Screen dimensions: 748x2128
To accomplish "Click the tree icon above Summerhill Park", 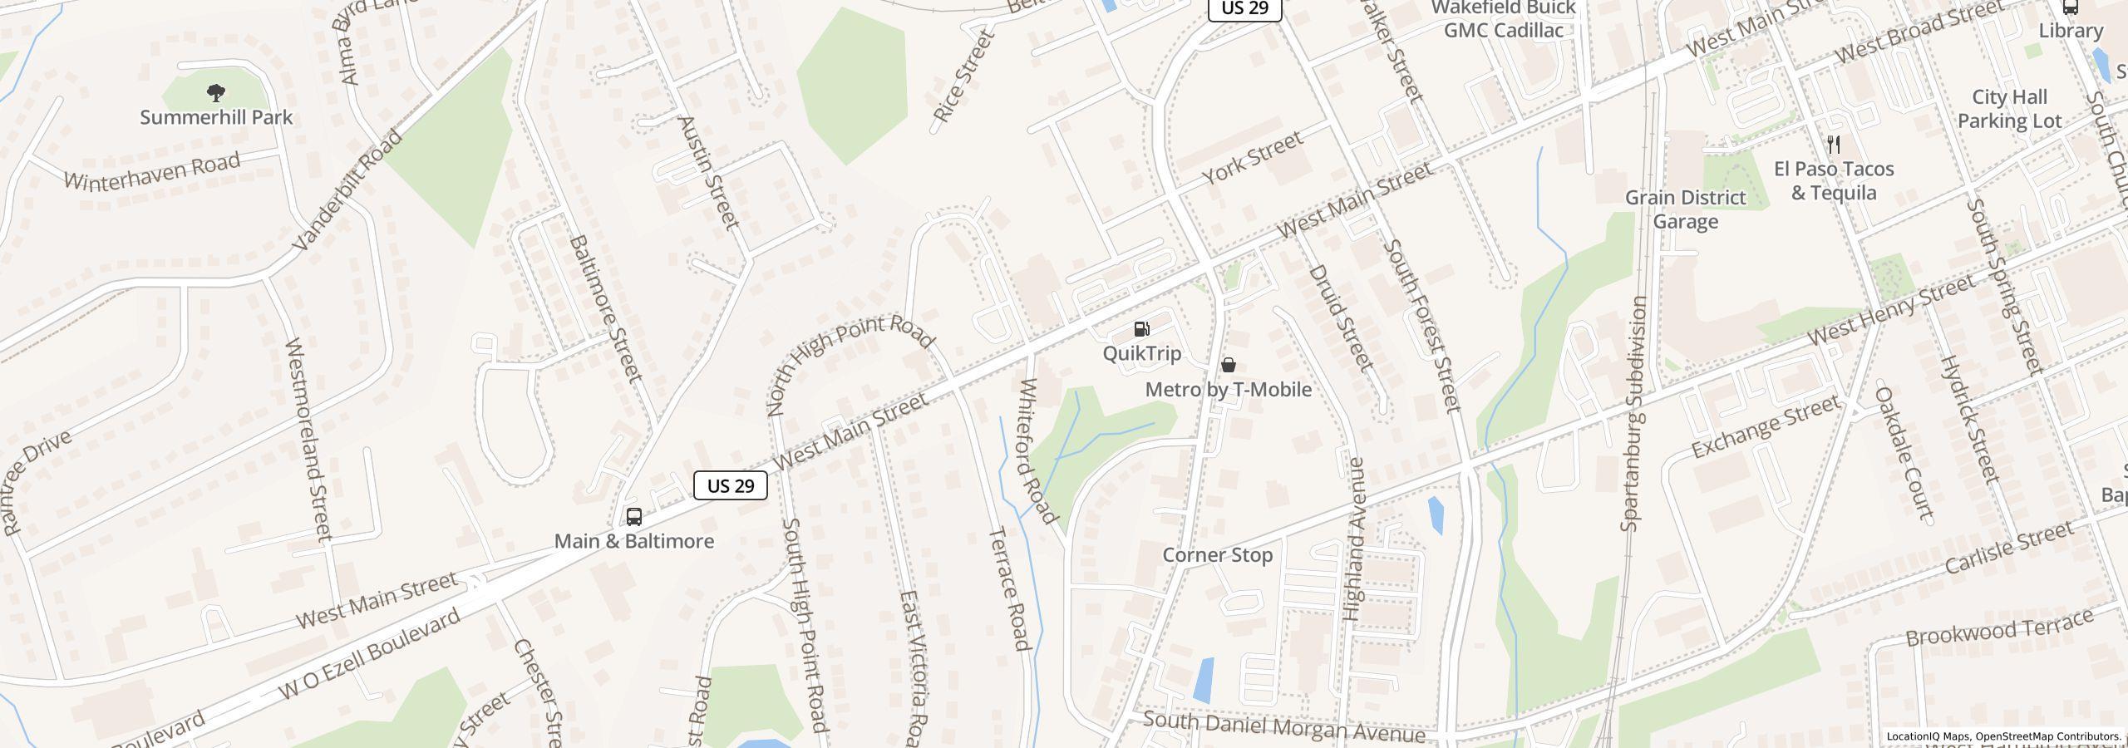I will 216,92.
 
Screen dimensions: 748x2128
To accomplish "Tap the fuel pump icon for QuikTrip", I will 1142,330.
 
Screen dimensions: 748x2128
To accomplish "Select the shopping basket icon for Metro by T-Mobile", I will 1228,366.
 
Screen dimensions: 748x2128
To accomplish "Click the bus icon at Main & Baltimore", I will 633,517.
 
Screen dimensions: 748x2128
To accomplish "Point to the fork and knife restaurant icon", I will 1833,145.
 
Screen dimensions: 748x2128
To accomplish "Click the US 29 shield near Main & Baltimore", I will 730,486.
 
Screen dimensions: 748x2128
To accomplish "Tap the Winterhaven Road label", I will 152,171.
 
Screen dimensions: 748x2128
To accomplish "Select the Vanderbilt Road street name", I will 348,189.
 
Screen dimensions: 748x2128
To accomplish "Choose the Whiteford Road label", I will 1038,451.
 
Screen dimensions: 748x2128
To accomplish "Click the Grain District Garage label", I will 1684,209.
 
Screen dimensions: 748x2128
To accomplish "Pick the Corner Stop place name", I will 1217,555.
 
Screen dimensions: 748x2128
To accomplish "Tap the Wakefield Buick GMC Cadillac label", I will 1503,19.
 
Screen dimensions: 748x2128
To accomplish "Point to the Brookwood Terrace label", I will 1999,628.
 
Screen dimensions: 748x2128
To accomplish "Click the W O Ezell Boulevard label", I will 369,655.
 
